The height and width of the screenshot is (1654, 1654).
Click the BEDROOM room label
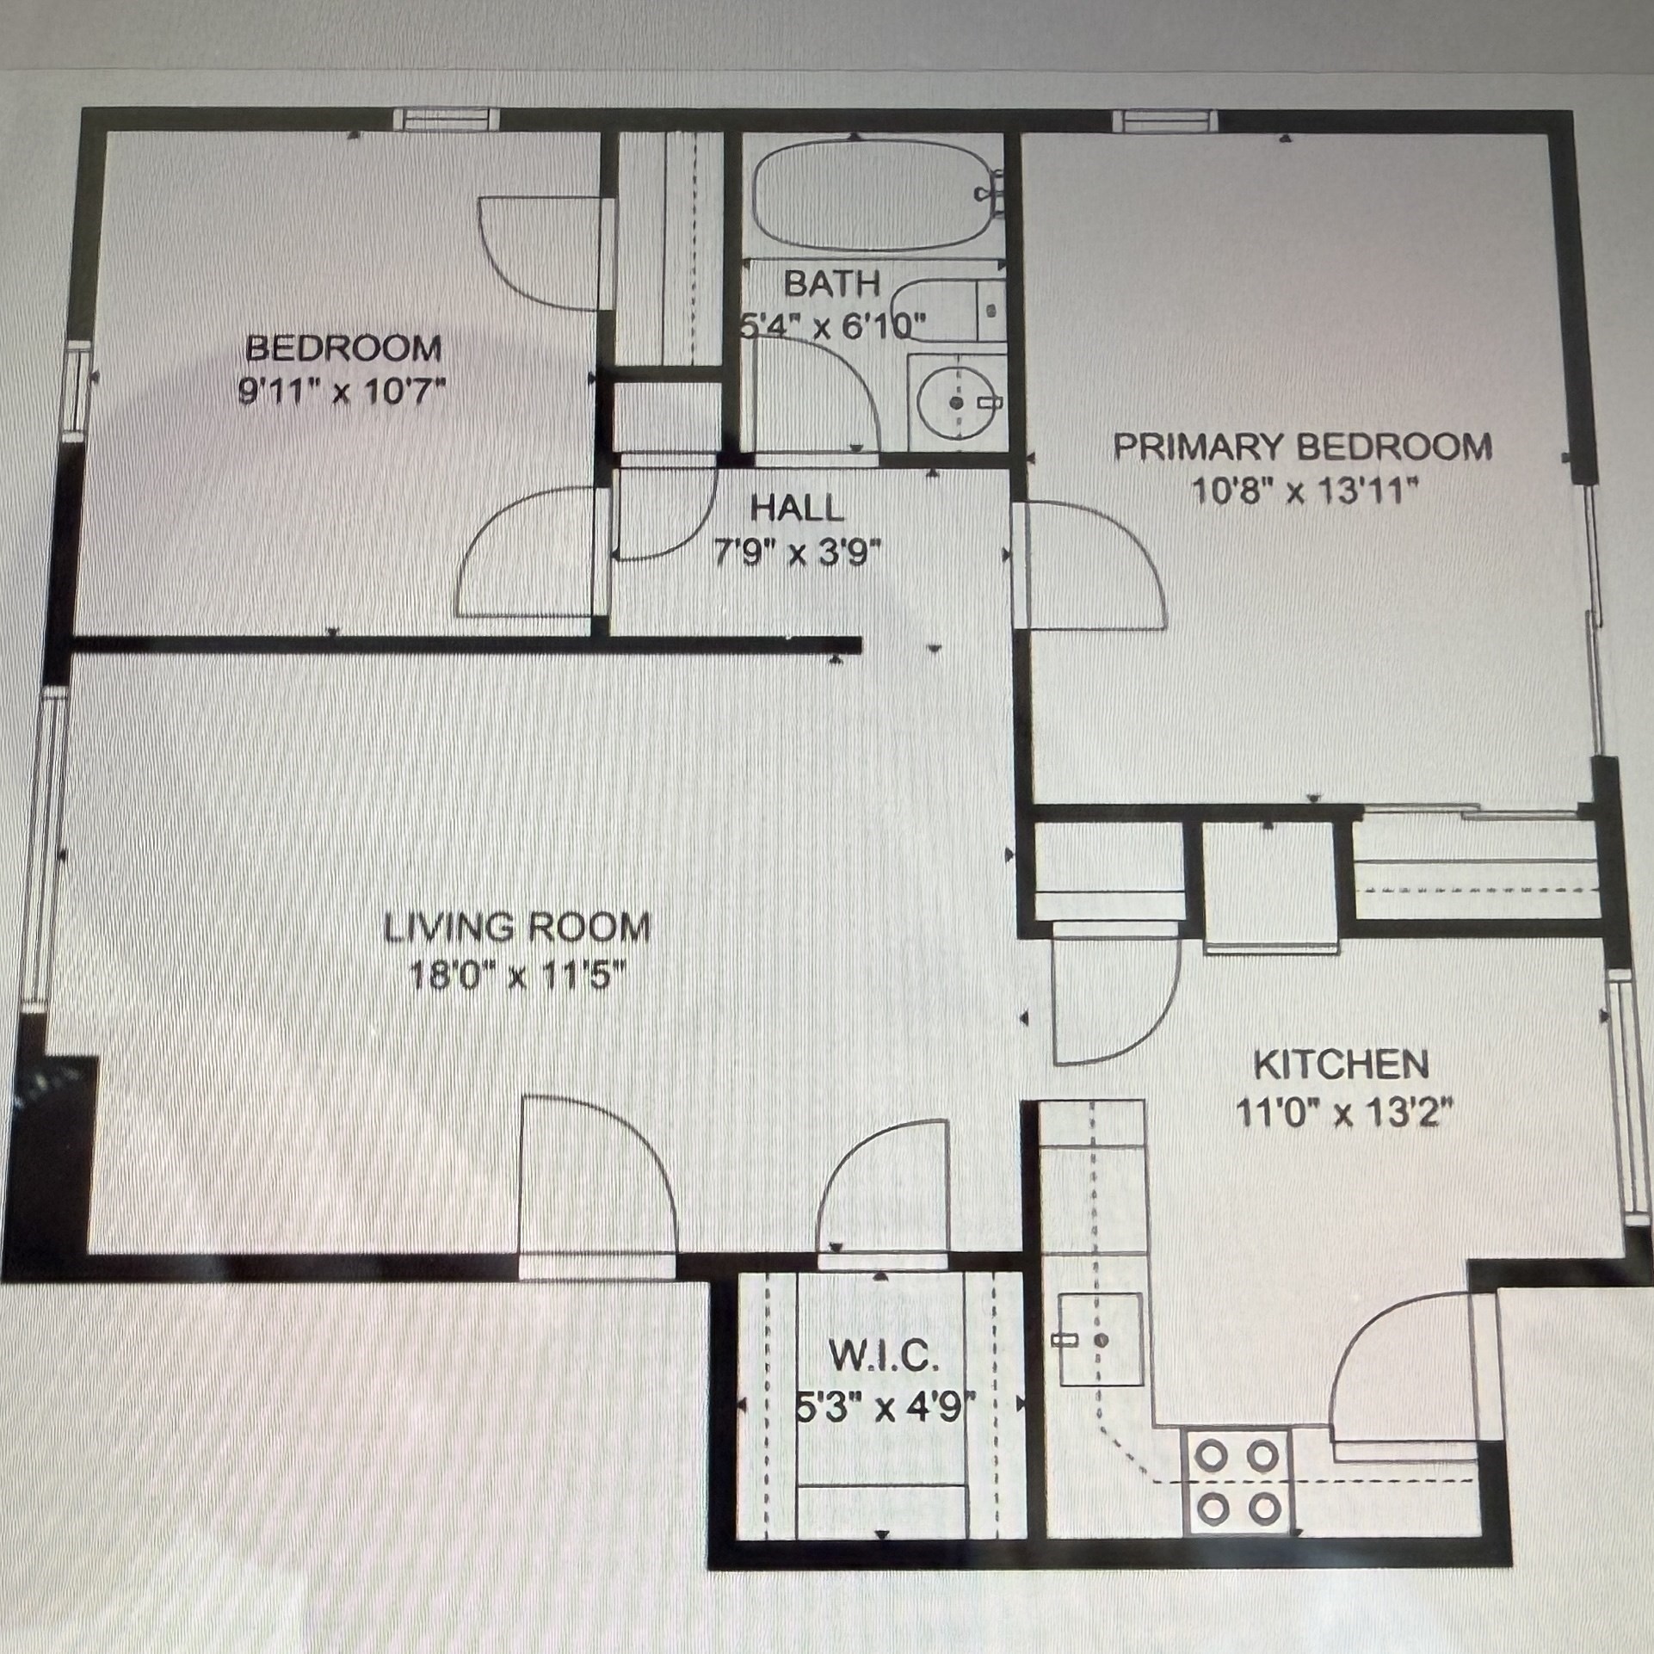coord(343,349)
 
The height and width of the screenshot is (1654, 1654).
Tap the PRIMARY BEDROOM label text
coord(1303,447)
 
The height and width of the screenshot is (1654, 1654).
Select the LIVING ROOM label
coord(516,928)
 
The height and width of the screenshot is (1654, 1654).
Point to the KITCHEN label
coord(1341,1065)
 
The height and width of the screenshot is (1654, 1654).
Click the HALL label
coord(798,509)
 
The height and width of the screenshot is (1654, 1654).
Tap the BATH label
coord(832,283)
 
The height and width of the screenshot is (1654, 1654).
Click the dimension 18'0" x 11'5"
coord(516,978)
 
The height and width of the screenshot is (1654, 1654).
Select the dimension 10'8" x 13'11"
coord(1304,493)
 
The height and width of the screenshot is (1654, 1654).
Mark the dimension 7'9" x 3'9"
coord(798,553)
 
